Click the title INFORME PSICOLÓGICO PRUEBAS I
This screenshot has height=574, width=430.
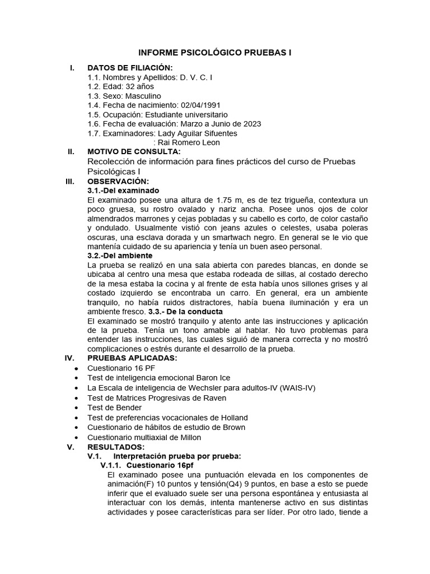coord(215,53)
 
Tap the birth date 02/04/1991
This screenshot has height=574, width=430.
coord(202,105)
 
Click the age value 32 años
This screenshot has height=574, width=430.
coord(139,86)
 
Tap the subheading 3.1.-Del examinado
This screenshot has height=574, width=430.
coord(123,191)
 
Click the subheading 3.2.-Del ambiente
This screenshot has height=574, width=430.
coord(120,256)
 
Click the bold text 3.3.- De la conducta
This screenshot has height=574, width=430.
coord(185,311)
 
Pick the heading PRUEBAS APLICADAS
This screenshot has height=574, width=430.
coord(132,358)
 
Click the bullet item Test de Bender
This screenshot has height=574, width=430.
coord(114,408)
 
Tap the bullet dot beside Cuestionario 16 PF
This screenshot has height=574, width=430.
coord(76,368)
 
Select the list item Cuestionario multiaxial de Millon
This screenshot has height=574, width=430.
coord(144,437)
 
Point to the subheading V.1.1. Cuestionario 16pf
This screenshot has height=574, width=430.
coord(147,465)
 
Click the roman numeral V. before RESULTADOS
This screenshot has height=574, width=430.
coord(70,447)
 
